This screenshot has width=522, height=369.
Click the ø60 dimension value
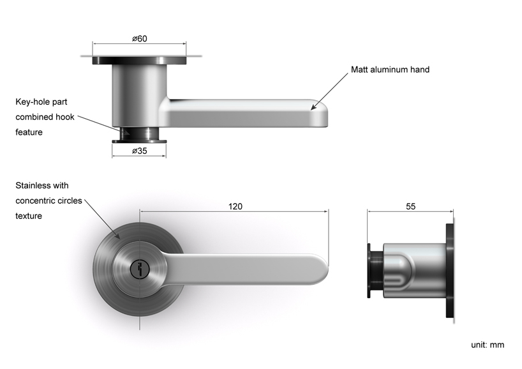[x=140, y=39]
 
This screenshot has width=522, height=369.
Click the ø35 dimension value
[x=139, y=151]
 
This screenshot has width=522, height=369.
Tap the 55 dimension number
[x=410, y=206]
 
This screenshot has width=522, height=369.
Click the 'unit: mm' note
[x=488, y=345]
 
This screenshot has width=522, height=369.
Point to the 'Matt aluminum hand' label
[x=390, y=70]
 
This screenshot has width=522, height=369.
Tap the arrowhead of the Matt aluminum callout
[x=313, y=109]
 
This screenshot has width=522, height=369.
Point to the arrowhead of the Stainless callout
[x=119, y=239]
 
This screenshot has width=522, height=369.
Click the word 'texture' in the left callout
[x=29, y=216]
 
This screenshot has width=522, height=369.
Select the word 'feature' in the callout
[x=29, y=132]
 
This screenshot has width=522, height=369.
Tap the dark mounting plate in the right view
[x=450, y=271]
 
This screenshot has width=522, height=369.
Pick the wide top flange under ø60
[x=140, y=61]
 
